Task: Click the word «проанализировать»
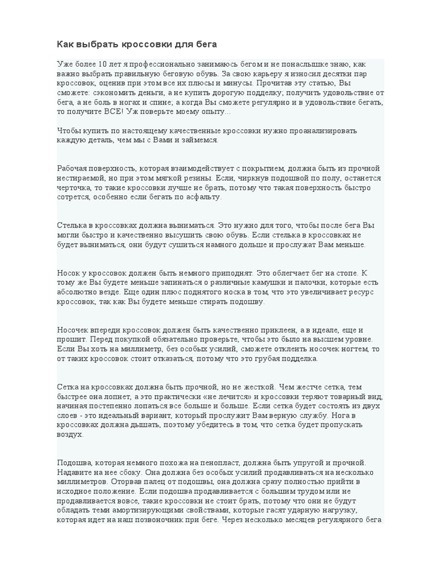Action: pos(320,130)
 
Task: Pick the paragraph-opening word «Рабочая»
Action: pos(72,168)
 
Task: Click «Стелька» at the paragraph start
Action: pos(72,225)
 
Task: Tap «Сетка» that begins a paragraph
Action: pos(69,387)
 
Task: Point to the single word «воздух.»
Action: pos(71,435)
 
